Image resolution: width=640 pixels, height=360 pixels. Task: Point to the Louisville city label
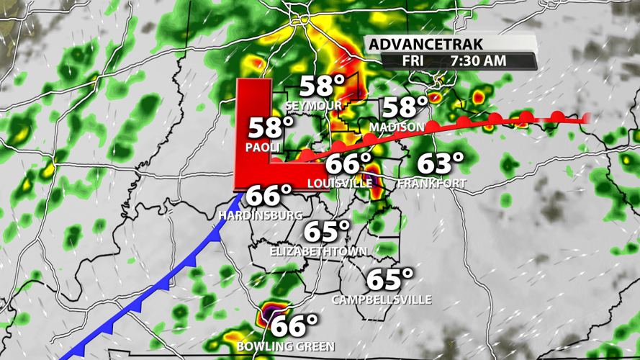click(x=340, y=184)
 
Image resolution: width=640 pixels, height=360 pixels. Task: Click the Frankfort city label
click(x=432, y=184)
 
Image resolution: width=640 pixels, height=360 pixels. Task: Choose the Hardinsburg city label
click(x=261, y=215)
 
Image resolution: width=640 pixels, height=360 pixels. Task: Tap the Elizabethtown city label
click(x=318, y=252)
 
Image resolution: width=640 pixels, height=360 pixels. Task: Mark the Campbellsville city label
click(x=382, y=299)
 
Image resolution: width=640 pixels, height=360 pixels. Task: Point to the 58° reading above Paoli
click(x=271, y=129)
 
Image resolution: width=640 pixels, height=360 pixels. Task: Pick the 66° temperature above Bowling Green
click(x=294, y=325)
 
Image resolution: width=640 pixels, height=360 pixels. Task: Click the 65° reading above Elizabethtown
click(x=327, y=233)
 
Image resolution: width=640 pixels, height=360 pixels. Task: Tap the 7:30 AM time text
click(x=478, y=60)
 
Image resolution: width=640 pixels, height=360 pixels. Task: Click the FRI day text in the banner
click(x=413, y=60)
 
